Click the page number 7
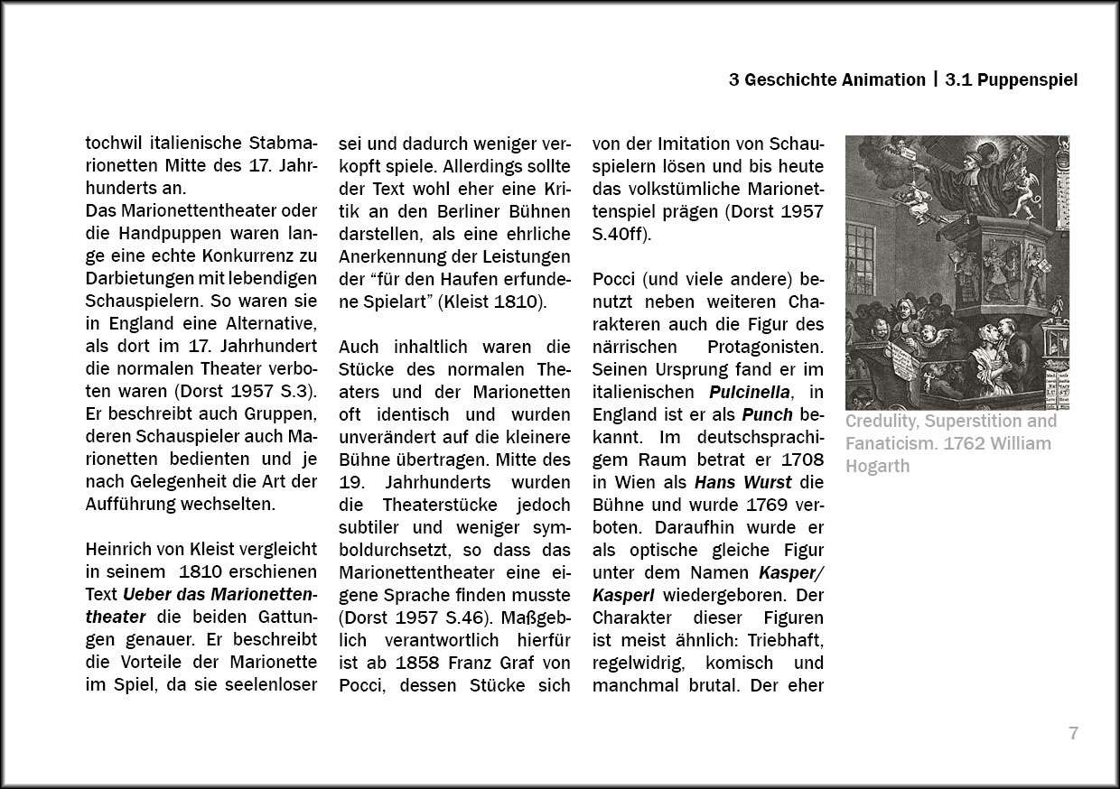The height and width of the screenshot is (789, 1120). pos(1073,733)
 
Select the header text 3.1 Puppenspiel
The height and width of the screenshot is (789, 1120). pos(1012,79)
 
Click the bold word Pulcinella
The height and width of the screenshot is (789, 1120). pos(750,392)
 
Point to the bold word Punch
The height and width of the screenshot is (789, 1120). pos(767,414)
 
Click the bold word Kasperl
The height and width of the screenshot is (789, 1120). pos(623,595)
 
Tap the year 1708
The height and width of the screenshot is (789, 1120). pos(804,459)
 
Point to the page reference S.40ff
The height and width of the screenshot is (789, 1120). pos(621,234)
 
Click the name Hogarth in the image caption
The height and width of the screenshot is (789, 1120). pos(877,466)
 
